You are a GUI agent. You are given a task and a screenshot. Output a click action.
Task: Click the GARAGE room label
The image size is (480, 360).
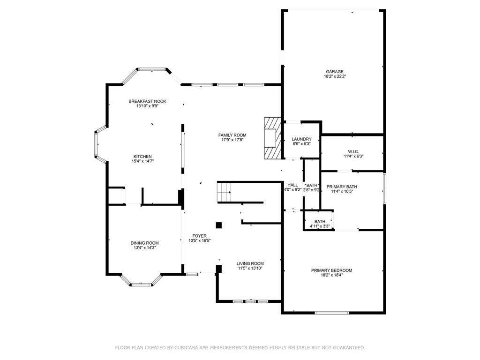point(335,72)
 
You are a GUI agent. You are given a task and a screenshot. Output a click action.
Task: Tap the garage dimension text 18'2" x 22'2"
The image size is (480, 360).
point(335,76)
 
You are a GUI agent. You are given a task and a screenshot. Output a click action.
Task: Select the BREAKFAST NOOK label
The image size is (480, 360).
point(147,101)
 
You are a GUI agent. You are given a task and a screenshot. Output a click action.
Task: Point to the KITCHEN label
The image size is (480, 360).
point(142,157)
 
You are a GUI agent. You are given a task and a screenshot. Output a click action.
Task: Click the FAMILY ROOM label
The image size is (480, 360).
point(232,135)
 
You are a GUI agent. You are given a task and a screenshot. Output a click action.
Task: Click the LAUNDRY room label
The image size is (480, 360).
point(301,139)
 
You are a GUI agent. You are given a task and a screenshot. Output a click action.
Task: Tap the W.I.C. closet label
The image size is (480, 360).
point(353,151)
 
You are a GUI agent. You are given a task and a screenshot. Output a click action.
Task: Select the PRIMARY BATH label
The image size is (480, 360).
point(342,187)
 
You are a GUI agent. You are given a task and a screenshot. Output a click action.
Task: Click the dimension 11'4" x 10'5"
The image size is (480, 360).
point(342,192)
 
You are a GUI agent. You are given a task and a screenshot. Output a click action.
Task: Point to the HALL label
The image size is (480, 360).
point(292,185)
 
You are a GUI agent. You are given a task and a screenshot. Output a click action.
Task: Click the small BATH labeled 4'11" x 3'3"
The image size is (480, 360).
point(320,222)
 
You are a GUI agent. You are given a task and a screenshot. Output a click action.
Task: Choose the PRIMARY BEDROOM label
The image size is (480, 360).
point(331,270)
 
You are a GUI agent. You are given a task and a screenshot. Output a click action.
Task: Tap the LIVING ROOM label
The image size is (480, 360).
point(250,263)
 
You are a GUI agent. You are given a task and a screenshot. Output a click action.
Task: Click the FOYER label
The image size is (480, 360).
point(199,236)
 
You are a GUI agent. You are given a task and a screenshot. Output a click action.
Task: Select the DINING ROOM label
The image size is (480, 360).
point(144,243)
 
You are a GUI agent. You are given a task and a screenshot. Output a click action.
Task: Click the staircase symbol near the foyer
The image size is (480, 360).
point(224,192)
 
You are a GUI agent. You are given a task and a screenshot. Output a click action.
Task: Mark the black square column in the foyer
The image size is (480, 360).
point(219,225)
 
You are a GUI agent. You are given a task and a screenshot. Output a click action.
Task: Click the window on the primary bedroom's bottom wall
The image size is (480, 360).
point(332,313)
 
